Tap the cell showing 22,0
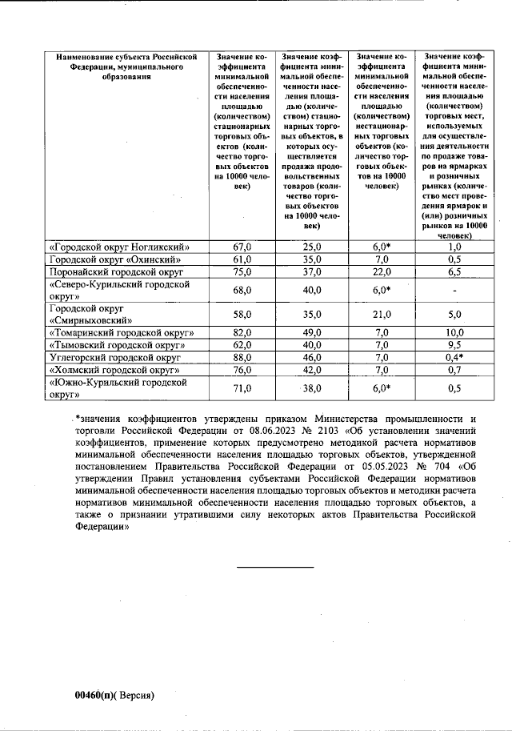pos(381,271)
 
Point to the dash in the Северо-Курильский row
pos(454,290)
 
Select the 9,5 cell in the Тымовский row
pos(454,345)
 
